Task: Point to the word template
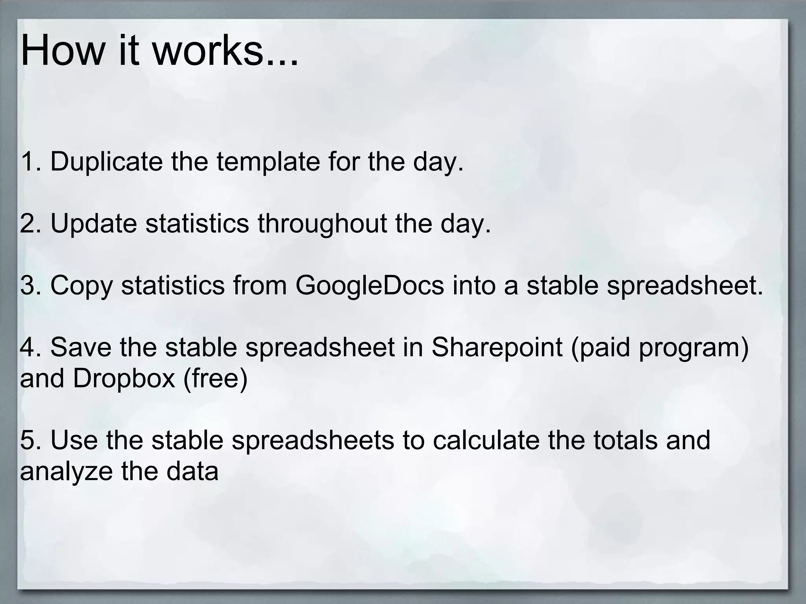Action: [268, 162]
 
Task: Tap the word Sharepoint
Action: [497, 348]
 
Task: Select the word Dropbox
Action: [124, 378]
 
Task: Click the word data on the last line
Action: [192, 471]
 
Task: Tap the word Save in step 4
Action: [81, 348]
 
